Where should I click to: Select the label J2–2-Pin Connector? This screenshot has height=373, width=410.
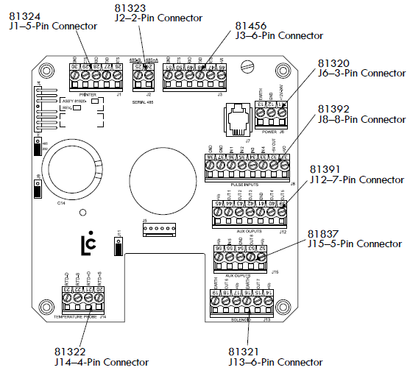(x=159, y=18)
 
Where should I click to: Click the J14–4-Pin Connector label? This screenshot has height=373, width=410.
(x=102, y=362)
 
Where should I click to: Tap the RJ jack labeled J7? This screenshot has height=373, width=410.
(x=238, y=117)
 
